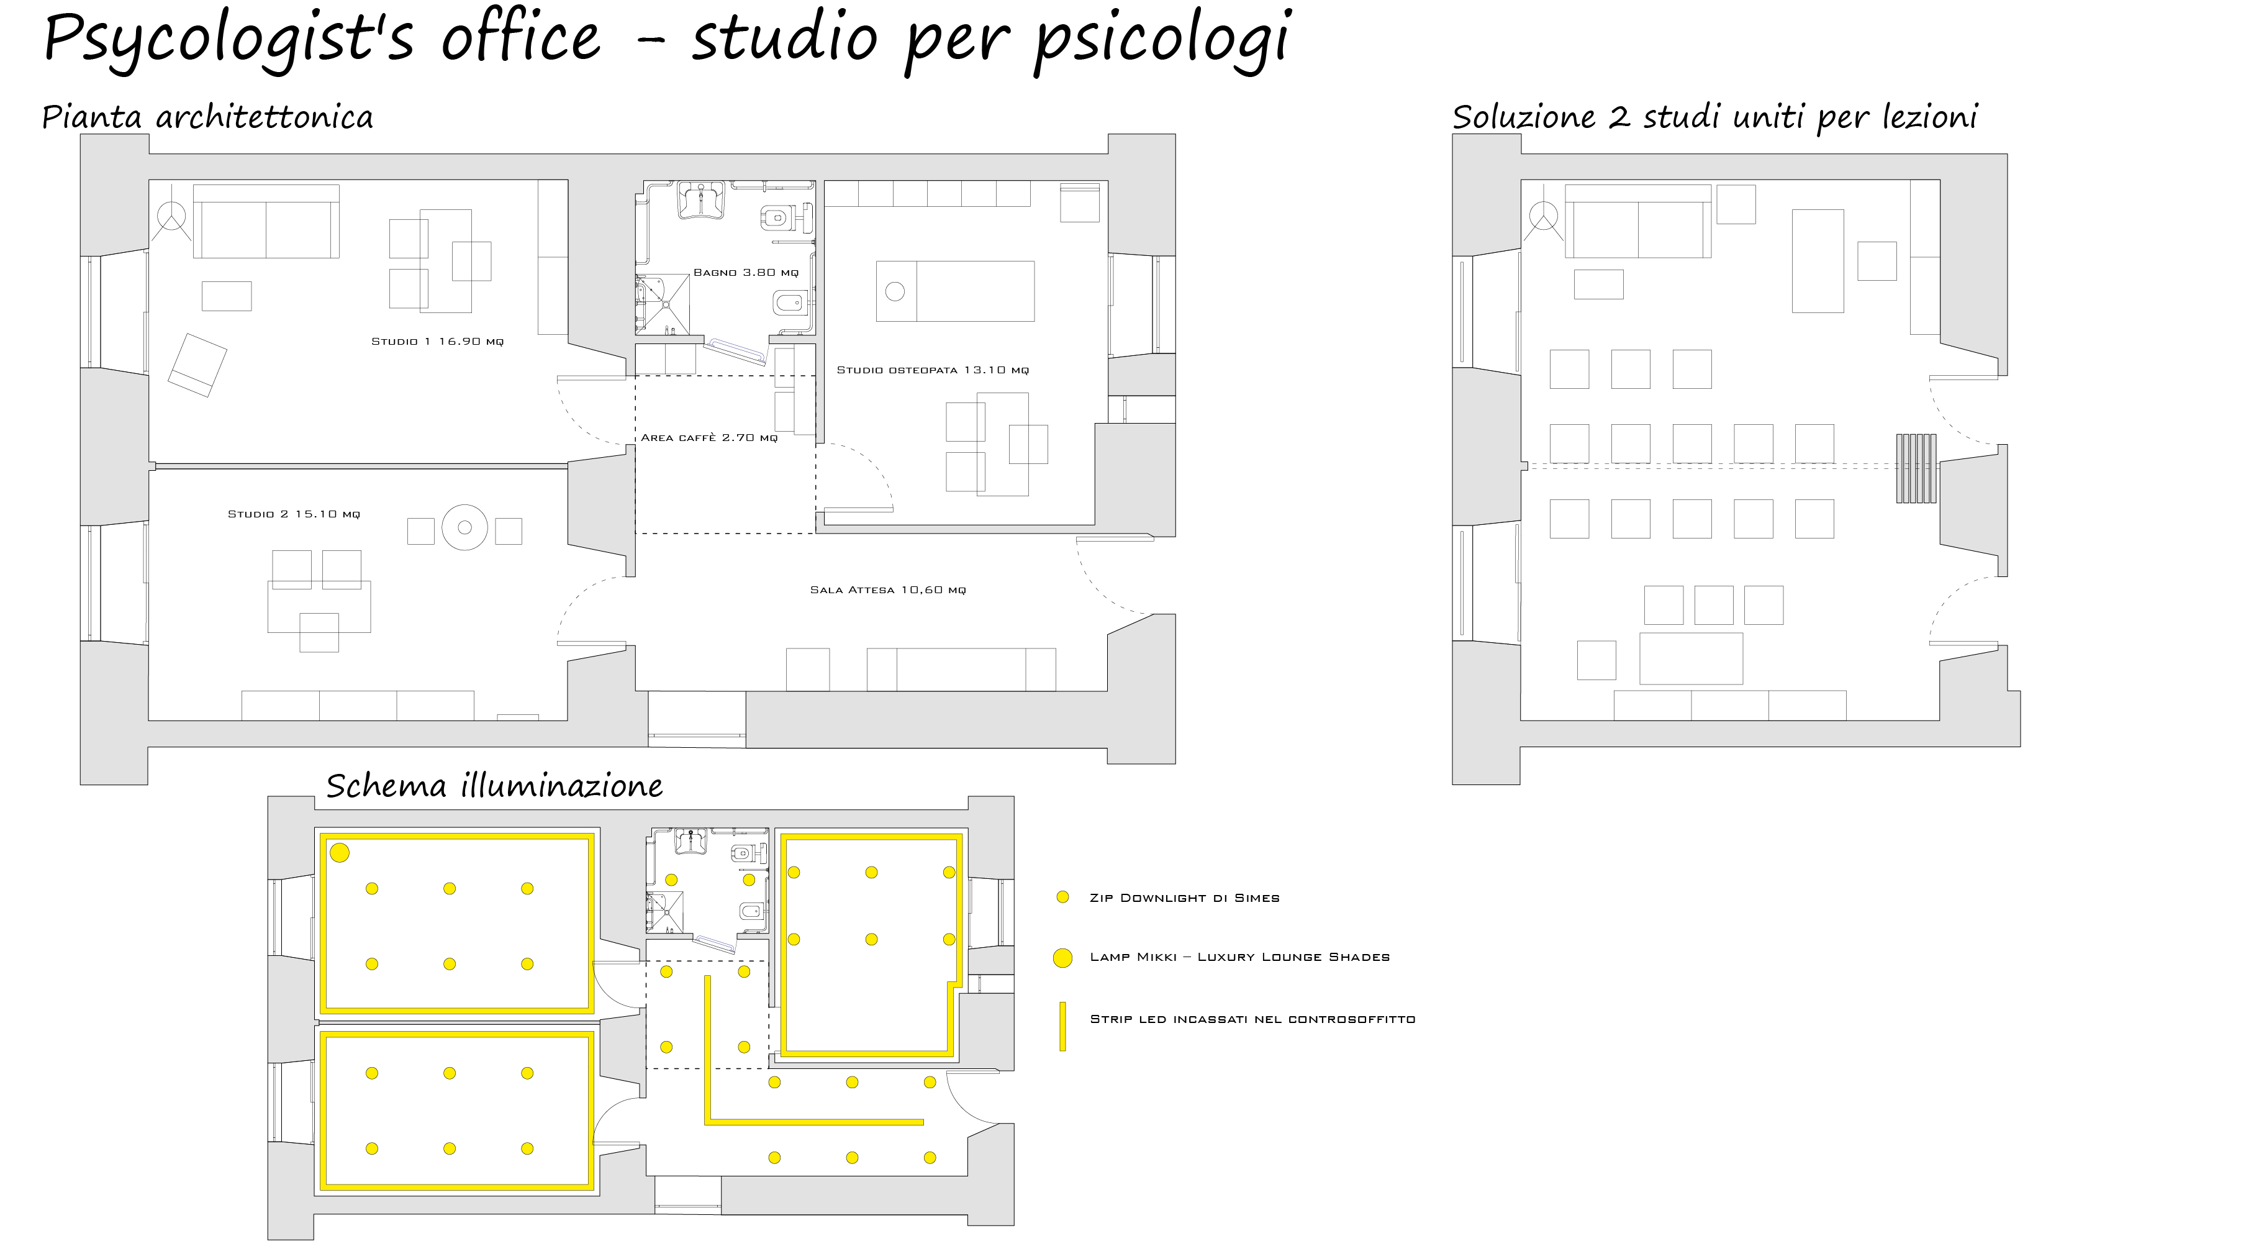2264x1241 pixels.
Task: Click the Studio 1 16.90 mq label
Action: point(437,341)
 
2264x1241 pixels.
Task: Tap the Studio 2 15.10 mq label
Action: point(294,514)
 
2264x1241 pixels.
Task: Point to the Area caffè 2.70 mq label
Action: point(709,438)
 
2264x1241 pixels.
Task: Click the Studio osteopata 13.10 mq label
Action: point(933,370)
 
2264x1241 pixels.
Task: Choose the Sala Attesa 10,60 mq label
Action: point(888,589)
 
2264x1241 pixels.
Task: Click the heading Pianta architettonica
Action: point(207,117)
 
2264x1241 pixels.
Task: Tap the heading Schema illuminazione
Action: point(495,785)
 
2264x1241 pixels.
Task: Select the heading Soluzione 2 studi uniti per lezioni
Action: point(1714,117)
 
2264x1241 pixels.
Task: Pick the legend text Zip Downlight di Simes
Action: point(1184,898)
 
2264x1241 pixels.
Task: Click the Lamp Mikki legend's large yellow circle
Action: point(1062,958)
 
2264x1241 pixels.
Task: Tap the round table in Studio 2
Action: point(465,527)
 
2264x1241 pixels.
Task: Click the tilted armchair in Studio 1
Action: point(197,365)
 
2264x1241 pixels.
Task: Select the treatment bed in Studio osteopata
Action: point(956,291)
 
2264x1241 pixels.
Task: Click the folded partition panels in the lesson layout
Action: point(1916,468)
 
